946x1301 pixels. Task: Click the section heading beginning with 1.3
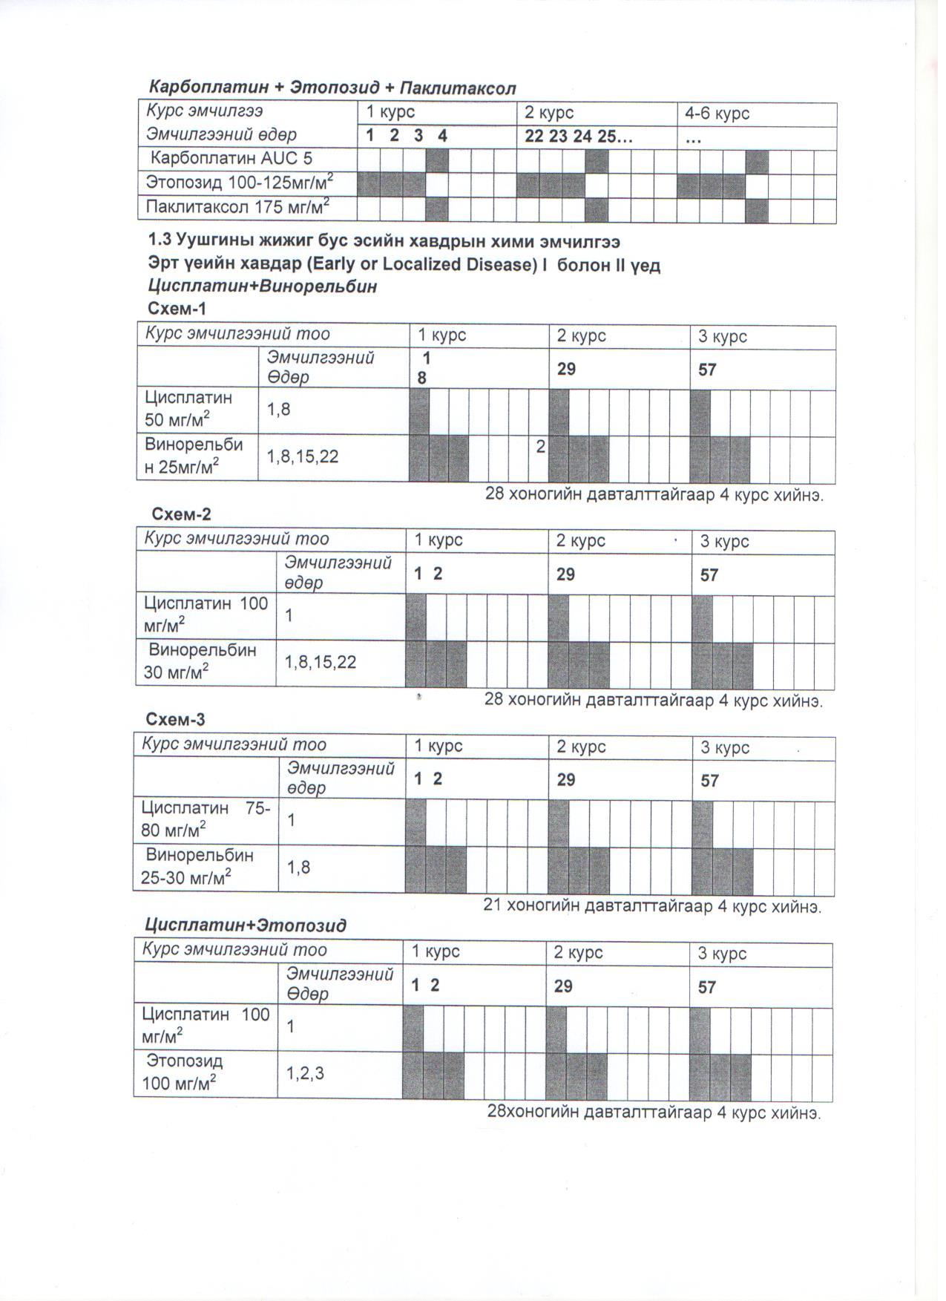click(x=384, y=242)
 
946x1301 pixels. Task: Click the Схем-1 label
click(x=176, y=309)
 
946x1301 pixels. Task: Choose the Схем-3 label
click(x=175, y=720)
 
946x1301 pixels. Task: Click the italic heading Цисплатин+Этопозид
click(x=246, y=925)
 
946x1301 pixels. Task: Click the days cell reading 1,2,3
click(x=305, y=1072)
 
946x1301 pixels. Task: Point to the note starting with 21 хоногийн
click(x=652, y=906)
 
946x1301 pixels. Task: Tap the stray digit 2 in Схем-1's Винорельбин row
click(x=541, y=447)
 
